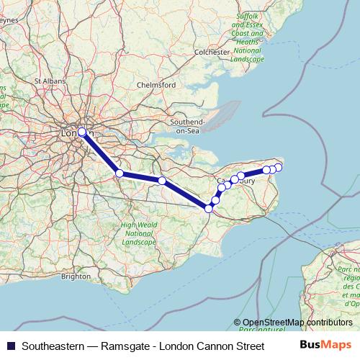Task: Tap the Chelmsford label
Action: click(x=156, y=85)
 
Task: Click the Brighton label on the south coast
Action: click(x=76, y=276)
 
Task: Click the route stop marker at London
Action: click(x=82, y=132)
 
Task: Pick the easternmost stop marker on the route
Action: click(x=279, y=168)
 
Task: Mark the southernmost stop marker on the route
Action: click(x=209, y=208)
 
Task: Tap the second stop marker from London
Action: click(x=120, y=174)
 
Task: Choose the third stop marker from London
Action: click(x=163, y=181)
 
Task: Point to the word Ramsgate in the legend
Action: click(x=128, y=346)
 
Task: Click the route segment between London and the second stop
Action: click(x=101, y=153)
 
